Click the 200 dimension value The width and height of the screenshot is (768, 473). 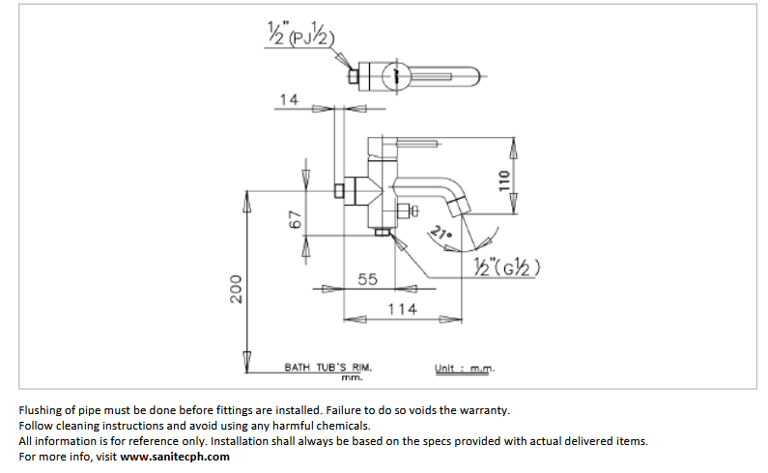(x=236, y=289)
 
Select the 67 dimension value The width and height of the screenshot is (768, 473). (x=296, y=219)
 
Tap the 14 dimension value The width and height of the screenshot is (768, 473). (x=289, y=99)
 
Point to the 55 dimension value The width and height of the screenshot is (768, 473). (x=367, y=279)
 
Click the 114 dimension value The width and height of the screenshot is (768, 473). (x=402, y=310)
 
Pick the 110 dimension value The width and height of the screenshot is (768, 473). (x=504, y=181)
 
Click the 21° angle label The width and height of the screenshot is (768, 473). (x=441, y=233)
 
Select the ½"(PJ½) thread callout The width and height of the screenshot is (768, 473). (x=301, y=33)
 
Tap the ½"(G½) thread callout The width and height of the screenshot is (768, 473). (x=507, y=266)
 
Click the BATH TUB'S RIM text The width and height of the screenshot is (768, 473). (x=328, y=367)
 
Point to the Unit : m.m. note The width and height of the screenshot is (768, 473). (x=465, y=368)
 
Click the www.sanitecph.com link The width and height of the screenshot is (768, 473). (x=175, y=457)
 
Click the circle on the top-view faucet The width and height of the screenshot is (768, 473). (x=396, y=76)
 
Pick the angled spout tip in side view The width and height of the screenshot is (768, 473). (x=460, y=208)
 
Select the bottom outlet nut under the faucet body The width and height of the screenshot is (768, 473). (x=383, y=232)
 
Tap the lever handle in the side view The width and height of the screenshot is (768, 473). (x=417, y=144)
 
